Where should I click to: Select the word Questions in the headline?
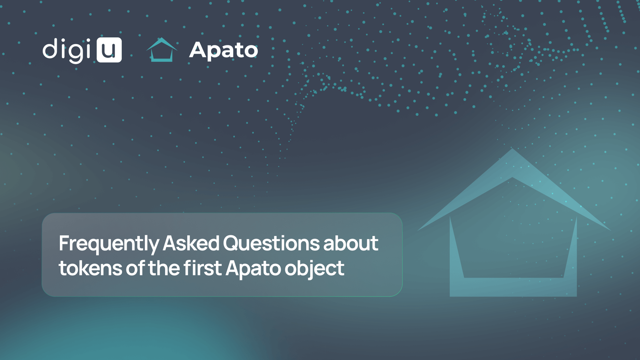pos(271,243)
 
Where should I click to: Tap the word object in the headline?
pos(314,269)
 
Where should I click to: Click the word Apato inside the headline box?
pos(253,269)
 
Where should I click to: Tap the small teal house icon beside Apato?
pos(162,50)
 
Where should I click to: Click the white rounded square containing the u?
pos(109,50)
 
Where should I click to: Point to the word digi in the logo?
pos(67,50)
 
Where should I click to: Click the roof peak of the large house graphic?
pos(512,149)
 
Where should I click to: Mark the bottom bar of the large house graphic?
pos(513,287)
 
